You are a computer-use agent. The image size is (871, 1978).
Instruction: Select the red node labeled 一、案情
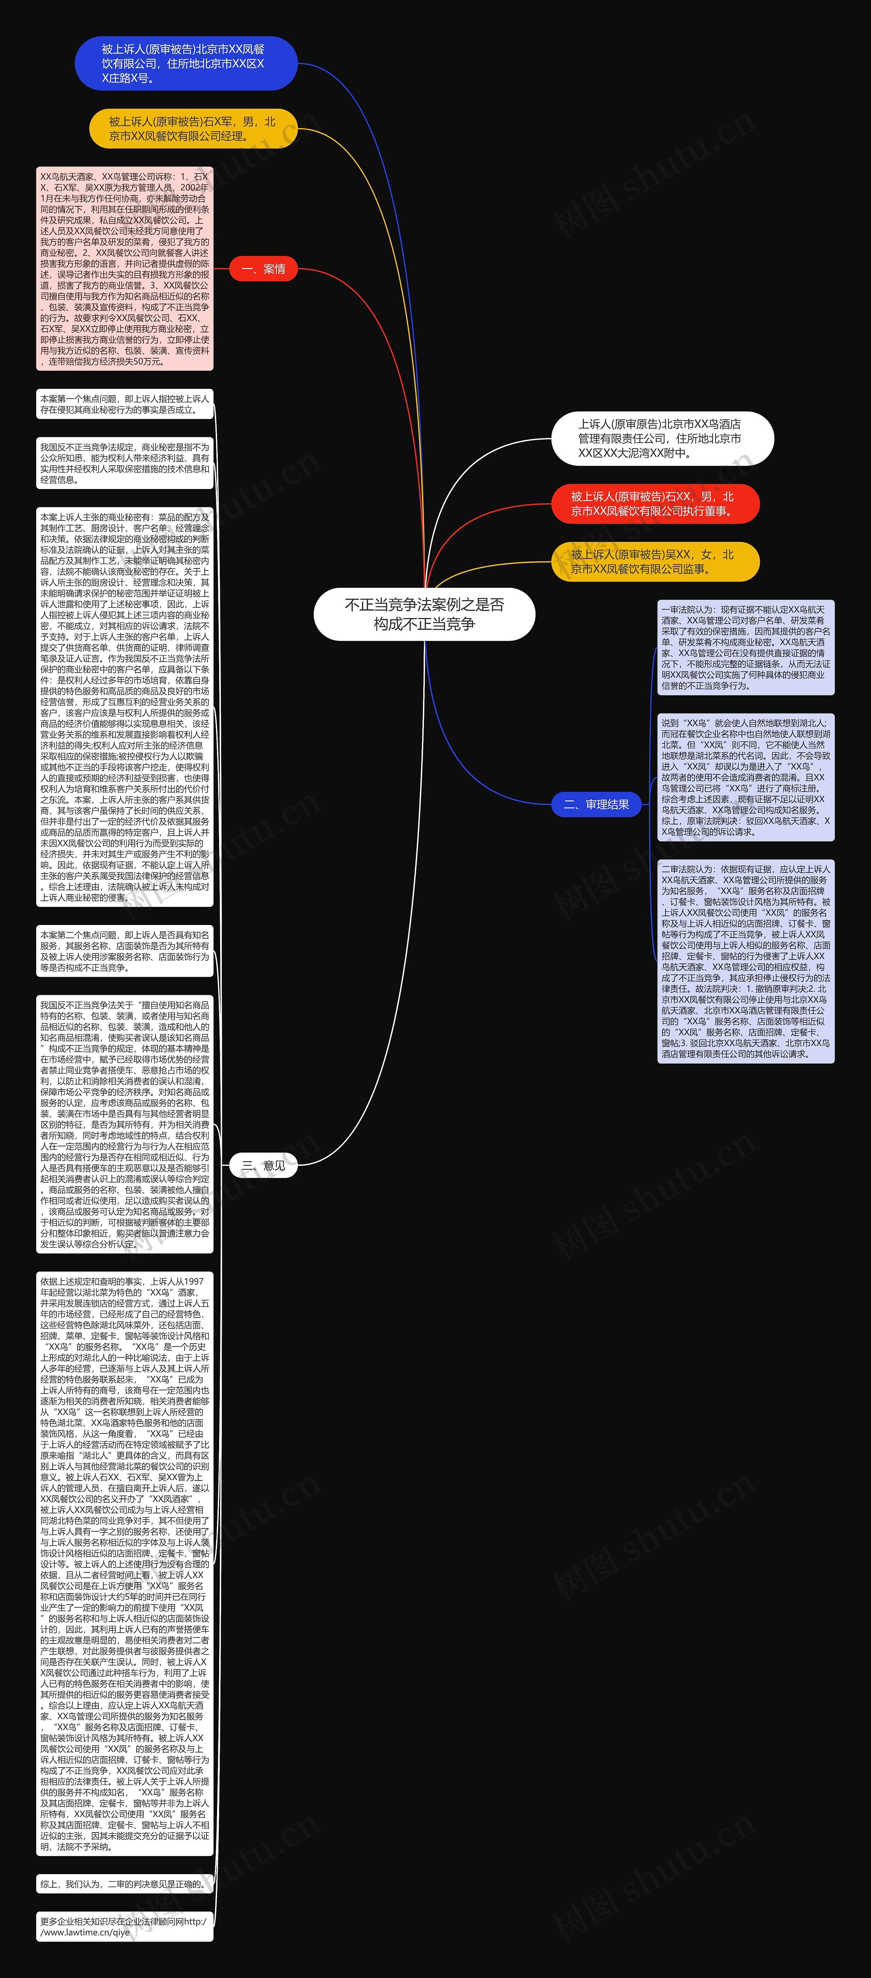(x=263, y=269)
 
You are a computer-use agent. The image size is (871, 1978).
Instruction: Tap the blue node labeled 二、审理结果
(x=596, y=804)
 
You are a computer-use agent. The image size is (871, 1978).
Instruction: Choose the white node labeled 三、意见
(x=263, y=1165)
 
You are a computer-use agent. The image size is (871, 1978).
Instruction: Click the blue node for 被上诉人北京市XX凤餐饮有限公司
(x=186, y=63)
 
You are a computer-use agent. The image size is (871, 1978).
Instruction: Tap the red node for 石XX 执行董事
(x=655, y=504)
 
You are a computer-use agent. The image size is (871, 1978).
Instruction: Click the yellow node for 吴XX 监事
(x=655, y=561)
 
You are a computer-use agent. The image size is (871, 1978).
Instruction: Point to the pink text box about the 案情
(x=124, y=269)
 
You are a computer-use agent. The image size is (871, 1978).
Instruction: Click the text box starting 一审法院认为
(x=745, y=647)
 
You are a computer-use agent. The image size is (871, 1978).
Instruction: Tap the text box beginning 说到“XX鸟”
(x=745, y=777)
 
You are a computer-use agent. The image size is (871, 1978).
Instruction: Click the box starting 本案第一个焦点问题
(x=124, y=404)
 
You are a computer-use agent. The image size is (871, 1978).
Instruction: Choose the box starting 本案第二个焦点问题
(x=124, y=951)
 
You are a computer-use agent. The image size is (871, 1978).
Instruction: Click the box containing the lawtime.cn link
(x=124, y=1927)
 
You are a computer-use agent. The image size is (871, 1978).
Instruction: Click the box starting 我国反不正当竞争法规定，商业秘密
(x=124, y=463)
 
